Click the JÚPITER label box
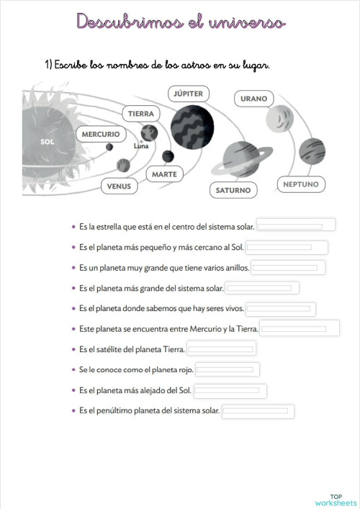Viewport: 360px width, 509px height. point(188,94)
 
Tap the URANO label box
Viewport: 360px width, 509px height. point(254,99)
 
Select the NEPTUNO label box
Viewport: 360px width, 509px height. point(301,184)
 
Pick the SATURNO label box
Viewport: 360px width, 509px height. point(233,190)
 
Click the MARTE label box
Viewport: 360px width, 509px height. point(165,174)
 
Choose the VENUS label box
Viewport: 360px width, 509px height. point(119,186)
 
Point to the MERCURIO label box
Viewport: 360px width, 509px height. point(101,134)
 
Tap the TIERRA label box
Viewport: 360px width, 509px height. point(141,114)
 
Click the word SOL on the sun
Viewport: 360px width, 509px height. point(48,142)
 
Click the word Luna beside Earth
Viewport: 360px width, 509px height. point(141,146)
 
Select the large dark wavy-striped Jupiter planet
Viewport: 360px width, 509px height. point(192,127)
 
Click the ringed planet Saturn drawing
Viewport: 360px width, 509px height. point(242,159)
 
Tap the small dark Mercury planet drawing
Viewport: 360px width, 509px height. point(109,147)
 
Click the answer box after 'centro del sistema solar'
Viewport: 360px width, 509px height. point(296,225)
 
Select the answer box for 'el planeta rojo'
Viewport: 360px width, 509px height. point(228,369)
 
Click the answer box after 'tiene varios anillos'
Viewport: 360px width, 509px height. point(288,268)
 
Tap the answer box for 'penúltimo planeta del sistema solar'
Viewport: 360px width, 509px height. point(258,411)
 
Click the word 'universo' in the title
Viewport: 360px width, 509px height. point(248,22)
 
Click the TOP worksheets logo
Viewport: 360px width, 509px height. point(336,500)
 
